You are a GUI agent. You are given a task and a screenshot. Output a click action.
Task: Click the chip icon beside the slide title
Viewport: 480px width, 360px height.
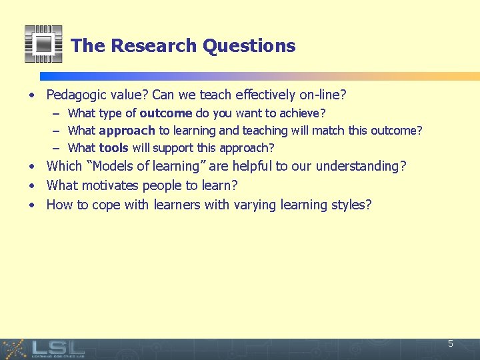pyautogui.click(x=43, y=44)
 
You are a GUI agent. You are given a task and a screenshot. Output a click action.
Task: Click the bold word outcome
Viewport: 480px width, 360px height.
pyautogui.click(x=166, y=113)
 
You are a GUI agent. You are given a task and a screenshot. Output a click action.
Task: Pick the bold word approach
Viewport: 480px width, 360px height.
pyautogui.click(x=127, y=131)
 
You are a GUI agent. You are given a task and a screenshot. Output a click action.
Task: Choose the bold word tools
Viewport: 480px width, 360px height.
pyautogui.click(x=113, y=148)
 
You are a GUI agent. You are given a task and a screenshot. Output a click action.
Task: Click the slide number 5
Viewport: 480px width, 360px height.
pyautogui.click(x=451, y=344)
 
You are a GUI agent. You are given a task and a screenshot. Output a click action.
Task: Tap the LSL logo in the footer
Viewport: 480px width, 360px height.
pyautogui.click(x=57, y=348)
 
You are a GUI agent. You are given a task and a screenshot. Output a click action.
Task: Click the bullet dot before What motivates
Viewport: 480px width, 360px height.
pyautogui.click(x=33, y=186)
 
